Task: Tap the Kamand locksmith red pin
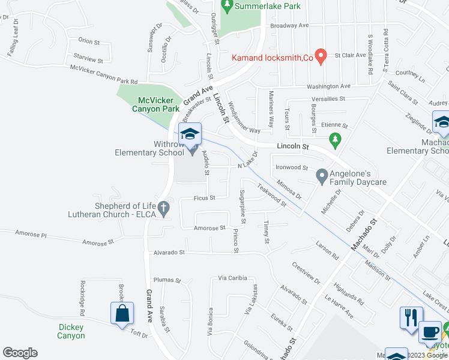(321, 56)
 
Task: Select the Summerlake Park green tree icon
(227, 7)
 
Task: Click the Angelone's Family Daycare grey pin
(322, 176)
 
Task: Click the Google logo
(20, 353)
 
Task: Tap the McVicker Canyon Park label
(155, 105)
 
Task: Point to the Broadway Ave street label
(289, 26)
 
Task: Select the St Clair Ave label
(350, 55)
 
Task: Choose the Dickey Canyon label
(71, 331)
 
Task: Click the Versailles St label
(328, 98)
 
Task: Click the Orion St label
(89, 41)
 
